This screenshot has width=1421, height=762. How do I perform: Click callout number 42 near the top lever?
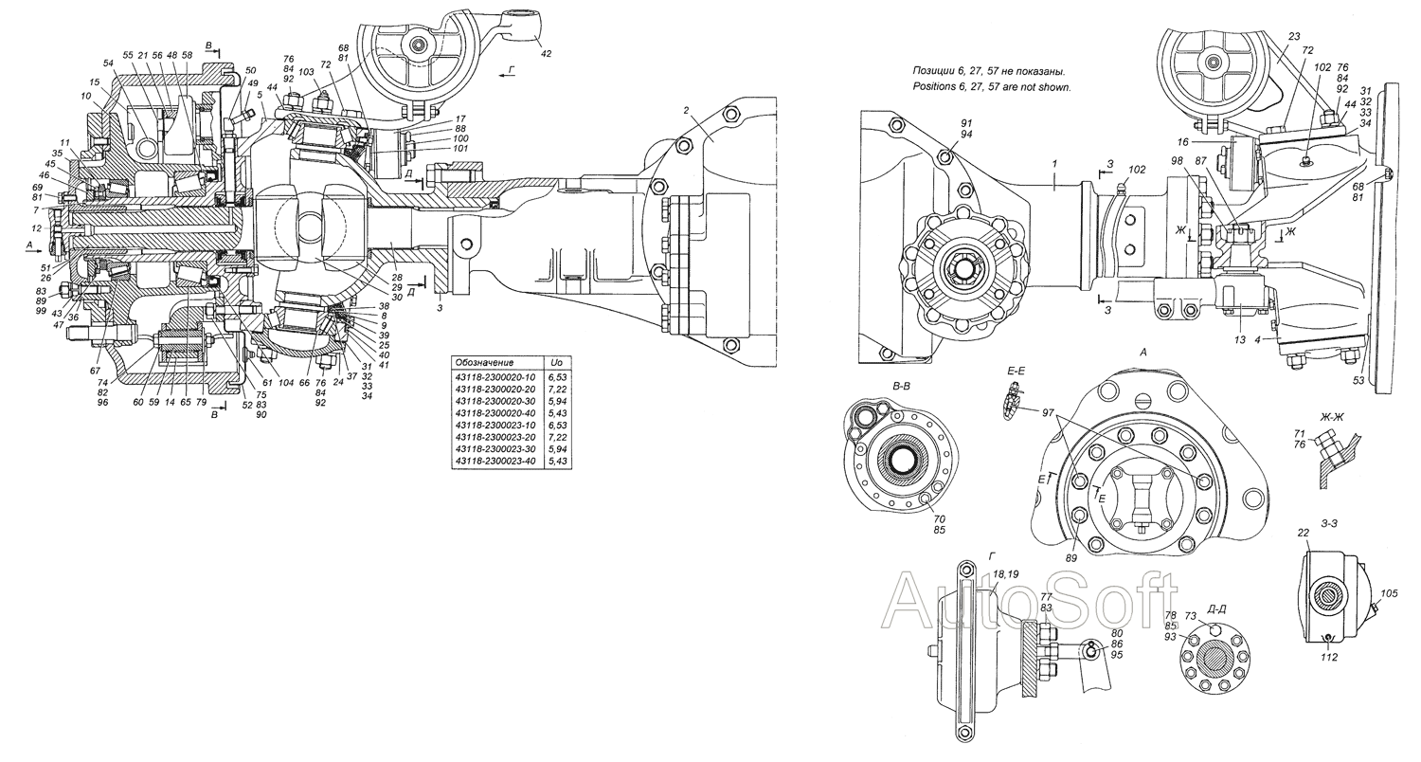click(x=545, y=54)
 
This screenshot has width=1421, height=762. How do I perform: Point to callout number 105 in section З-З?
click(x=1389, y=593)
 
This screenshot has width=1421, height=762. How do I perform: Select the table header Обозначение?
click(x=484, y=362)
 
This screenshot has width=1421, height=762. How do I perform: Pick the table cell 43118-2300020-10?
click(x=495, y=377)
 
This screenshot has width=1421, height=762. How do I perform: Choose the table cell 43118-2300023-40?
click(x=495, y=461)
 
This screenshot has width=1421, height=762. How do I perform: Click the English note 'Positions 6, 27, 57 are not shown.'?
click(x=992, y=87)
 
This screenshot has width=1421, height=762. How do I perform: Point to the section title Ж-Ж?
click(x=1331, y=417)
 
